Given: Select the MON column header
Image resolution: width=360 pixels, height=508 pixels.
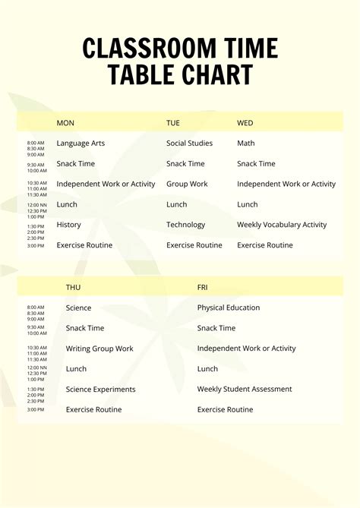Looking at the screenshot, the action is pos(65,123).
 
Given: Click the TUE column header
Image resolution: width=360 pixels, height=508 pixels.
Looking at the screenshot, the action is pos(173,123).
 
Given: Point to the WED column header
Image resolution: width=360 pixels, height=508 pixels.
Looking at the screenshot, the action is pos(245,123).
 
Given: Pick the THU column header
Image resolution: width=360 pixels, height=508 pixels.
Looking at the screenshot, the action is pos(74,288).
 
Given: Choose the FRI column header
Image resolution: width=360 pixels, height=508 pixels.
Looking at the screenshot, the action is pos(203,288).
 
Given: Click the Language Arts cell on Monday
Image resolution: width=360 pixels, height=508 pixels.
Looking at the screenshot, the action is pos(81,144).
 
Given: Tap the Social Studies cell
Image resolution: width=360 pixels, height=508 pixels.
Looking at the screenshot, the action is pos(190,144).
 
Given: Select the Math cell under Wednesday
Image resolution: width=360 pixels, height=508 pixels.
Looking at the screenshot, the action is pos(246,144).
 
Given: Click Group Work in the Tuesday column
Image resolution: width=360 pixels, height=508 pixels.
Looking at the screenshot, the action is pos(187,185).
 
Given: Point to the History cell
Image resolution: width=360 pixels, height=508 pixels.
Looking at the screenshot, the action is pos(68,225).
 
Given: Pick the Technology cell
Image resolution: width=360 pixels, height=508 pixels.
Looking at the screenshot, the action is pos(186,225).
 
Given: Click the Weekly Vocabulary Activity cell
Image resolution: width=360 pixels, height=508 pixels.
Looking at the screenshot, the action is pos(282,225).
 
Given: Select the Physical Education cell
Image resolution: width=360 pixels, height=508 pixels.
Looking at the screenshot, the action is pos(229,308).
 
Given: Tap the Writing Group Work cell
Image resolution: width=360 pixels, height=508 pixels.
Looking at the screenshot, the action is pos(99,349).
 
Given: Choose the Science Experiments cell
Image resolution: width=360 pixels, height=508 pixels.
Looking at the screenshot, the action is pos(101,390).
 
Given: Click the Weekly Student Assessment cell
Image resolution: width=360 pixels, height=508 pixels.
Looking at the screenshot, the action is pos(245,390).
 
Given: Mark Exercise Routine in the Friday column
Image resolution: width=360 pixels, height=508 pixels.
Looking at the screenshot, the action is pos(226,410).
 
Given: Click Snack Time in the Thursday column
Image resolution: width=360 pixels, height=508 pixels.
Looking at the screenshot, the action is pos(85,329).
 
